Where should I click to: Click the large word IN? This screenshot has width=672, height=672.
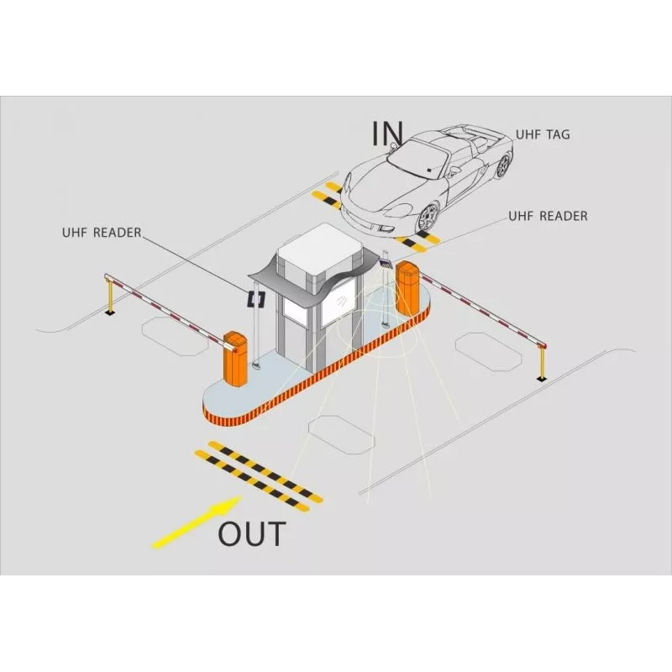[x=387, y=133]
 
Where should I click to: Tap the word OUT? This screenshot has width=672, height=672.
[x=251, y=533]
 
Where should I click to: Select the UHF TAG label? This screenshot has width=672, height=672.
[x=543, y=134]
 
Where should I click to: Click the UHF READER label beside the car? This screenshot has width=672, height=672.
[x=548, y=216]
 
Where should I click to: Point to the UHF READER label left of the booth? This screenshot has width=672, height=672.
[x=102, y=233]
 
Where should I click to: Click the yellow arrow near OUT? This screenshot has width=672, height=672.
[x=197, y=522]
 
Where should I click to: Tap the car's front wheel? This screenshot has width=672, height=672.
[x=428, y=218]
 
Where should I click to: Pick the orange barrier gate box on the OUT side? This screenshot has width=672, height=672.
[x=235, y=359]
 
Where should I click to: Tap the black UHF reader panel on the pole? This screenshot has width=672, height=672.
[x=256, y=299]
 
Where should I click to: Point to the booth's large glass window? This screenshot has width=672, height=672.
[x=339, y=302]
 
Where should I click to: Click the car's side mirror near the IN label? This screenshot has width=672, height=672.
[x=393, y=146]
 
